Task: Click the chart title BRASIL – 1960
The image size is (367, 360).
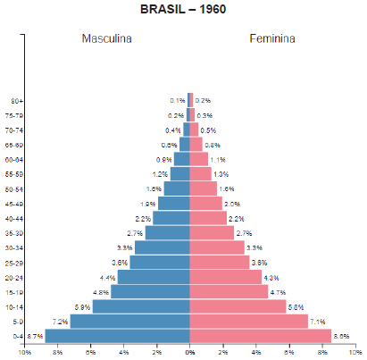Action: click(183, 10)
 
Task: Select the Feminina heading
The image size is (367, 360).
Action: click(272, 39)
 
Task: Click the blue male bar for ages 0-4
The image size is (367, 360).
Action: click(117, 336)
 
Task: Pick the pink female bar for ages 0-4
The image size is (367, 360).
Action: click(260, 336)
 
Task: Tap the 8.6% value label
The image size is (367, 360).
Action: click(340, 336)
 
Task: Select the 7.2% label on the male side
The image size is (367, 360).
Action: click(61, 321)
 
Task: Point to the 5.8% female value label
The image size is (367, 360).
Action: click(296, 306)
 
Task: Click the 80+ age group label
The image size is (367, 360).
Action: click(17, 100)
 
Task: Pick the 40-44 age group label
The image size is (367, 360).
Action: click(14, 218)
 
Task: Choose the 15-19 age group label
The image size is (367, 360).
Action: click(14, 292)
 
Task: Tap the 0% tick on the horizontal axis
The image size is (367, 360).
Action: click(190, 354)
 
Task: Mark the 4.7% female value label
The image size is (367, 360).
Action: click(278, 292)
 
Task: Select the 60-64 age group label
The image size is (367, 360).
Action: click(14, 159)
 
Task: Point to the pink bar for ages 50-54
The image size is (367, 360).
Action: click(204, 188)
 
